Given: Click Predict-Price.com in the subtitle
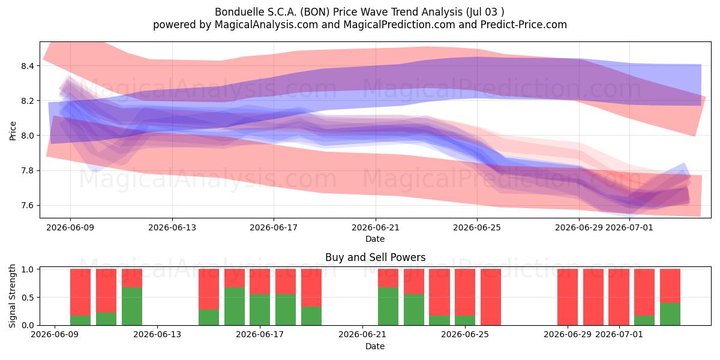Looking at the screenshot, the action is pos(524,25).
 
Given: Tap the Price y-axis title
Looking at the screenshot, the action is pos(13,131).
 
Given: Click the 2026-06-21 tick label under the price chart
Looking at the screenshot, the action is pos(375,227).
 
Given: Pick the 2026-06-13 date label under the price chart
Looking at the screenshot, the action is pos(172,227).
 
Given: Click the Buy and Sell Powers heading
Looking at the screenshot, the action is pos(375,257).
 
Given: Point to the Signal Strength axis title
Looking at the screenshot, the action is pos(13,296).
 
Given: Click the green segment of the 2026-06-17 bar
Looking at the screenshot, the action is pos(260,310).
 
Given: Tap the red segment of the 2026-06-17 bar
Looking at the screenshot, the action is pos(260,281).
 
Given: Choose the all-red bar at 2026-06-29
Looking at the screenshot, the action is pos(568,297).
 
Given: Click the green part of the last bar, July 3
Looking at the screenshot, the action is pos(670,314).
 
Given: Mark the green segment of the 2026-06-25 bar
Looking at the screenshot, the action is pos(465,320).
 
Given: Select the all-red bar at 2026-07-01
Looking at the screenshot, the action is pos(619,297).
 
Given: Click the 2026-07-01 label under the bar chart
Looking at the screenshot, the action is pos(619,335).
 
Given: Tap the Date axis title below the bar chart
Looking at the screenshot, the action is pos(375,346).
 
